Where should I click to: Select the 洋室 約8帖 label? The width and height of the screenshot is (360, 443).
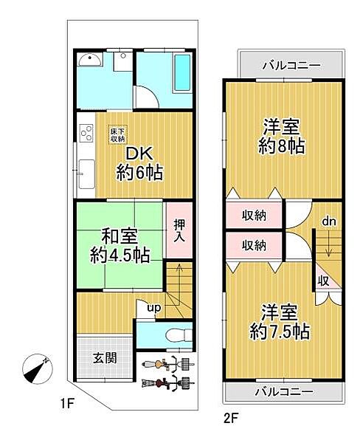282,137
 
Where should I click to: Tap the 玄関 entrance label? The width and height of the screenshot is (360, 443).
103,359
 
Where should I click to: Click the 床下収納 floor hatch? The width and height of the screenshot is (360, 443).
118,134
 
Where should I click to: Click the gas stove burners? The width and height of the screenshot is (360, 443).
85,134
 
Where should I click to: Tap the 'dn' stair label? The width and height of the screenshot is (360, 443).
328,220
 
